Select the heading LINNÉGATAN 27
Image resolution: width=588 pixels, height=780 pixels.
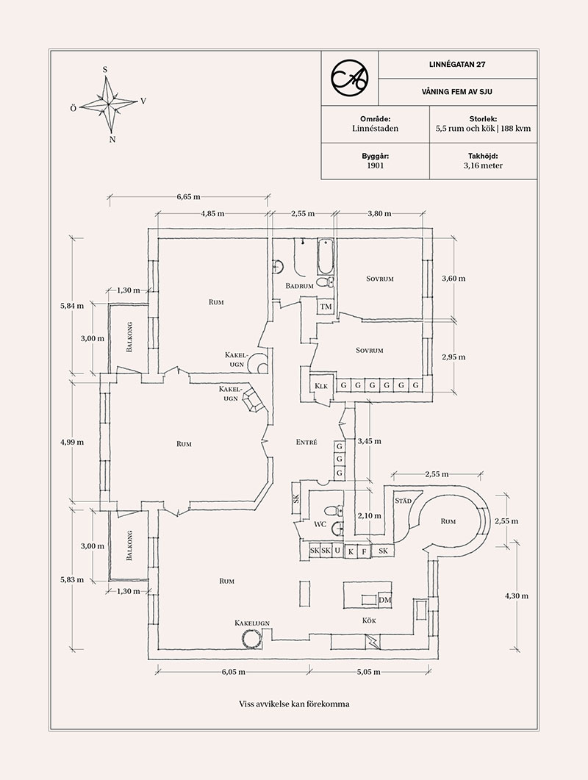[458, 64]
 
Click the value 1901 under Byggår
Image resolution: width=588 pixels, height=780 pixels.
[376, 166]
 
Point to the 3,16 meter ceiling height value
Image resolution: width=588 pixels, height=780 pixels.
[484, 166]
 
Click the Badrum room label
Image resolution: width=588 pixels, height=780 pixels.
[300, 285]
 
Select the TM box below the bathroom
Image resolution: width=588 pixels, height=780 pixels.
[326, 307]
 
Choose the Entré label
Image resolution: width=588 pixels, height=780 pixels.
[306, 443]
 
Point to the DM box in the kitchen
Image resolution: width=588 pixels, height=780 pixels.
[384, 601]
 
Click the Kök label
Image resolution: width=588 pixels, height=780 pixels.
[369, 621]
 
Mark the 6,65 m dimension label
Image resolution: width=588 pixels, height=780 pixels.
[188, 197]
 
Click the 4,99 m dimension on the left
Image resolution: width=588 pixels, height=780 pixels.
[72, 443]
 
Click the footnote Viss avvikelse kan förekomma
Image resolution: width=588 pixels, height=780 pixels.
[294, 704]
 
